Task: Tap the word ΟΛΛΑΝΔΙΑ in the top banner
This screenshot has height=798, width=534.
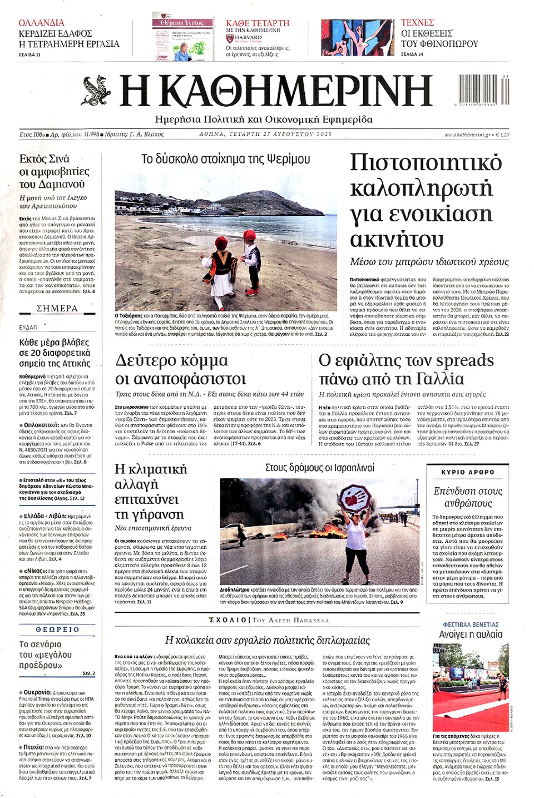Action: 42,23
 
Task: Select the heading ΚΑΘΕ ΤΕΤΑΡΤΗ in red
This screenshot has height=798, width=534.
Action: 258,23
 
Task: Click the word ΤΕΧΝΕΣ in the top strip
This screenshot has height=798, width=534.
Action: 417,22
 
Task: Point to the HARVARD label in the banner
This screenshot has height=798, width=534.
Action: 248,38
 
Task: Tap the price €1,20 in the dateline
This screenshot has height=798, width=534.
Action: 502,135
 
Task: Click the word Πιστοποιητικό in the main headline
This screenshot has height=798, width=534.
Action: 426,162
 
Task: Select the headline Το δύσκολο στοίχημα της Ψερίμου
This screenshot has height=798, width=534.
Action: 226,159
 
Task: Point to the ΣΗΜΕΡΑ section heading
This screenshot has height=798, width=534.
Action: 57,308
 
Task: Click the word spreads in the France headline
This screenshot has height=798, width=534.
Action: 464,360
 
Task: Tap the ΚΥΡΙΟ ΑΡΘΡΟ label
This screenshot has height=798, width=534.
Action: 467,472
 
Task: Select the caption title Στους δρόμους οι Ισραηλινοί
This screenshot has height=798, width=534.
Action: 319,468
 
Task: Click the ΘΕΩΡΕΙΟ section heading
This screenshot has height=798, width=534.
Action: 57,630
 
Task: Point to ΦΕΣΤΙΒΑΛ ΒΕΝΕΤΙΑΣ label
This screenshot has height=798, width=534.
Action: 471,624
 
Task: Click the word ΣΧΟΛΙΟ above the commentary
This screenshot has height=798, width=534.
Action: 228,619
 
